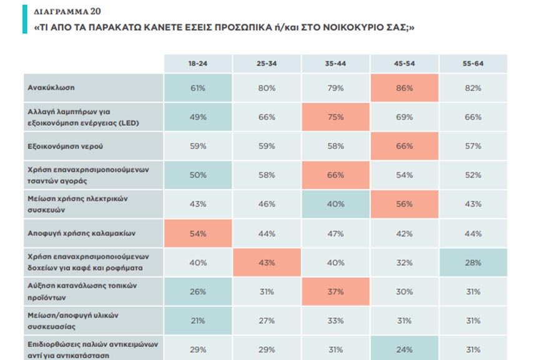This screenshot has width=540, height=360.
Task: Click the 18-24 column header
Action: pyautogui.click(x=198, y=64)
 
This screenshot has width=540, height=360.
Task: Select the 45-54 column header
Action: pyautogui.click(x=405, y=64)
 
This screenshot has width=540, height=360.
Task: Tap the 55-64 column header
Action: pyautogui.click(x=473, y=64)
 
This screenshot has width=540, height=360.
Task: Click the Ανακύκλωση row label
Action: pyautogui.click(x=51, y=87)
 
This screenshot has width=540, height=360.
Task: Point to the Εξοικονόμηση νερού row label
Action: pyautogui.click(x=65, y=146)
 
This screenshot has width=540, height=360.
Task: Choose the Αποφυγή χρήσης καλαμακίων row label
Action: pyautogui.click(x=82, y=233)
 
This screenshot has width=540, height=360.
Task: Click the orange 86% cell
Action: pyautogui.click(x=405, y=88)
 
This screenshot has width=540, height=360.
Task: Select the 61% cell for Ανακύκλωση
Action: pyautogui.click(x=198, y=88)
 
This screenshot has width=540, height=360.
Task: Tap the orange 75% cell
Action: pyautogui.click(x=335, y=117)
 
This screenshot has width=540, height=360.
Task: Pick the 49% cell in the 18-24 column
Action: pyautogui.click(x=198, y=117)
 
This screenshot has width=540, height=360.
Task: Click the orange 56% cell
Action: pyautogui.click(x=405, y=204)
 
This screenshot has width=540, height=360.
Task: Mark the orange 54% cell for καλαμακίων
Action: pyautogui.click(x=198, y=233)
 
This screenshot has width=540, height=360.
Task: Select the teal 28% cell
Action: pyautogui.click(x=473, y=263)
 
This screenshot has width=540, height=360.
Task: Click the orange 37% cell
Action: pyautogui.click(x=335, y=291)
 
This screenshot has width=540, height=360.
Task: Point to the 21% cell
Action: pyautogui.click(x=198, y=321)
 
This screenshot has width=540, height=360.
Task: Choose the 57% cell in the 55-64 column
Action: pyautogui.click(x=473, y=146)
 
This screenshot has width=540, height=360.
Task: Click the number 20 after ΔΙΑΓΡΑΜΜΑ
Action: pyautogui.click(x=96, y=11)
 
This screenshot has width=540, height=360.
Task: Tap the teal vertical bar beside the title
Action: pyautogui.click(x=25, y=19)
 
